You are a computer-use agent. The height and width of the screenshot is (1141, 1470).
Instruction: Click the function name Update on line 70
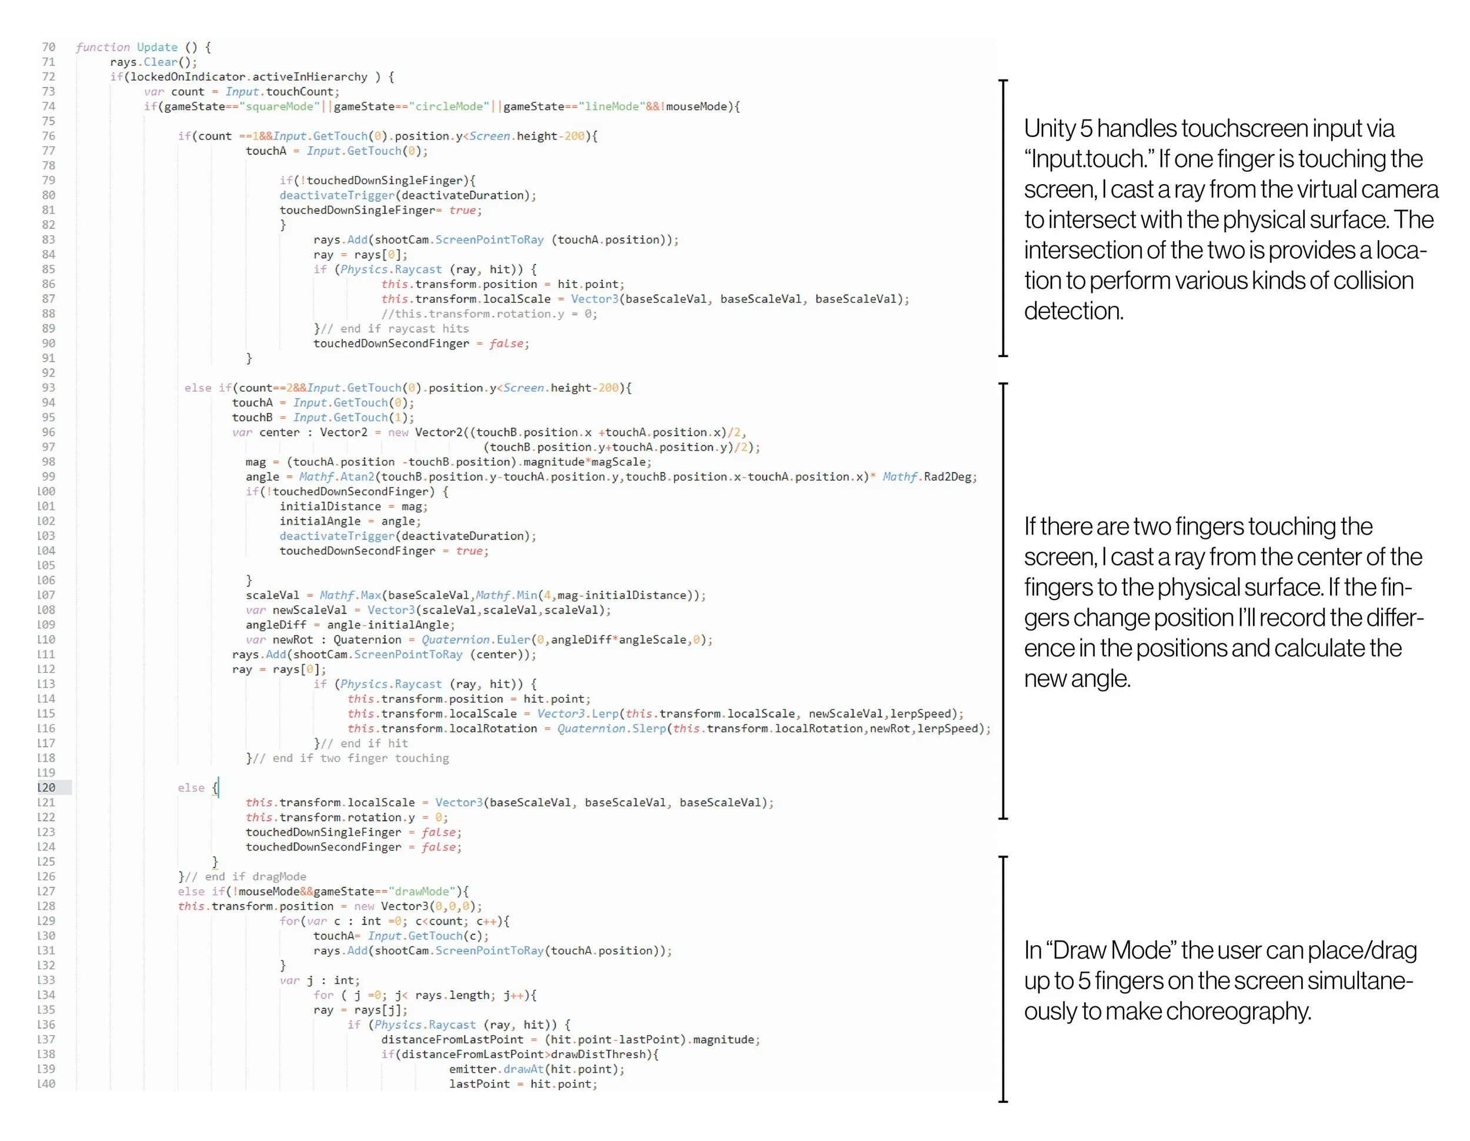[x=157, y=47]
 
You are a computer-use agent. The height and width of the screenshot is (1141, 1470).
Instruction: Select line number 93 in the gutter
[x=48, y=388]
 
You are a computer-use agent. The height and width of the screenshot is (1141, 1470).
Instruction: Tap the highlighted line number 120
[x=46, y=788]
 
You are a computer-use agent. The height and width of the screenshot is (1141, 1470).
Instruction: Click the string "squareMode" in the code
[x=279, y=106]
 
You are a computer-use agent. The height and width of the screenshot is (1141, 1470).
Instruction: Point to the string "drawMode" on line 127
[x=422, y=891]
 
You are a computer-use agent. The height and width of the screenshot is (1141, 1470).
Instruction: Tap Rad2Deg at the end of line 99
[x=948, y=476]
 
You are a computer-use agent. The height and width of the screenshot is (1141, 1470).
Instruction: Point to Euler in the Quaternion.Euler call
[x=513, y=639]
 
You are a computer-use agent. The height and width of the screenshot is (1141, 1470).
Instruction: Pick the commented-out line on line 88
[x=489, y=313]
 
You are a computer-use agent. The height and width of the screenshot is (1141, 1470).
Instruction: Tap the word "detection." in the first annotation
[x=1074, y=311]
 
